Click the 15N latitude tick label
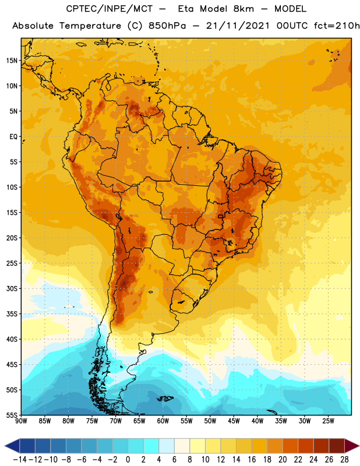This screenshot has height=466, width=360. (12, 61)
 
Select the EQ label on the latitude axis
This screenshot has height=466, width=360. (13, 137)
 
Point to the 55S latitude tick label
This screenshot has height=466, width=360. (12, 415)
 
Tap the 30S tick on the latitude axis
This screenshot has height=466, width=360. (12, 288)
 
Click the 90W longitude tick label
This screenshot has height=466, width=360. (21, 421)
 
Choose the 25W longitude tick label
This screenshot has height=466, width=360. (328, 421)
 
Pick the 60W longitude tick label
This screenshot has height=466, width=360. (163, 421)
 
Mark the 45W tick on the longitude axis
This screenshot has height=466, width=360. (234, 421)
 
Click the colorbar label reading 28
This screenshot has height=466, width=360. (344, 460)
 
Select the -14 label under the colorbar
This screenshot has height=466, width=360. (20, 460)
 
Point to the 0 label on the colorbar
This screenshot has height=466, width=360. (128, 460)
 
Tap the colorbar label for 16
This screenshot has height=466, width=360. (252, 460)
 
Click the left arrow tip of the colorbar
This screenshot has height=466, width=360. (5, 446)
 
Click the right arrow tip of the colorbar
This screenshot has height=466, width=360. (359, 446)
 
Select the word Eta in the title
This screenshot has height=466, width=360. (186, 9)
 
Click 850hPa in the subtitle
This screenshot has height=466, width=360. (167, 26)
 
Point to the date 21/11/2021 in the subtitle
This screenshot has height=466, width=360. (238, 26)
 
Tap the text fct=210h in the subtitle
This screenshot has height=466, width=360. (337, 26)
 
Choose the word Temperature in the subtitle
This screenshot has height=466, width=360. (90, 26)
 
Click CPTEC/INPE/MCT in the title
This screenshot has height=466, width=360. (109, 9)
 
